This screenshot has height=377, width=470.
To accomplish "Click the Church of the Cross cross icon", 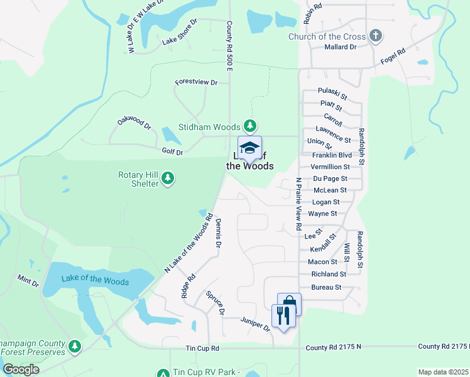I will (376, 36).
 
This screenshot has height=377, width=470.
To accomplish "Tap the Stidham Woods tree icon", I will (250, 126).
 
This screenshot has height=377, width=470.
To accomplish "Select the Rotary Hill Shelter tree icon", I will (167, 179).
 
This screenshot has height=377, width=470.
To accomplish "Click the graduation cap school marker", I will (249, 148).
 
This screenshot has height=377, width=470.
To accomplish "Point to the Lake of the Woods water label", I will (95, 281).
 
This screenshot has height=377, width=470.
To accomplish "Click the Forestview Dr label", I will (196, 82).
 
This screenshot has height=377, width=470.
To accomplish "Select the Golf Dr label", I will (172, 152).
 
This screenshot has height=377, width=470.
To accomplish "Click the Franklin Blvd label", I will (332, 155).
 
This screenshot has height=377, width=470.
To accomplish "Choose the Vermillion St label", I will (330, 167).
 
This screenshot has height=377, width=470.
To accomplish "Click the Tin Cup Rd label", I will (202, 348).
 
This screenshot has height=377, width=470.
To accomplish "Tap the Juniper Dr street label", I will (255, 324).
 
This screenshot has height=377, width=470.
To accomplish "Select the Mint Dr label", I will (28, 280).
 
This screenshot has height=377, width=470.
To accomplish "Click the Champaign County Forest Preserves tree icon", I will (75, 346).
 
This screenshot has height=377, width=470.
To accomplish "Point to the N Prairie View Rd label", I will (299, 204).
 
